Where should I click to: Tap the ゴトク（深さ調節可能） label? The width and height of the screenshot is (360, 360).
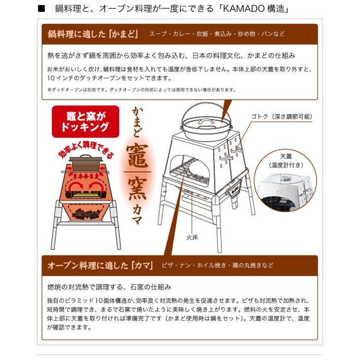click(x=281, y=116)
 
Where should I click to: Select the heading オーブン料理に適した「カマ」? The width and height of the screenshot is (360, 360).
click(x=100, y=265)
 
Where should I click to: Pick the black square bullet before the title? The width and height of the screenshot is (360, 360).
click(x=41, y=9)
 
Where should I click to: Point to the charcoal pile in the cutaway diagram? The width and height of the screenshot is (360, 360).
click(x=86, y=213)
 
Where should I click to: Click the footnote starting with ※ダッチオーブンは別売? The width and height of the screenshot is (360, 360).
click(x=141, y=90)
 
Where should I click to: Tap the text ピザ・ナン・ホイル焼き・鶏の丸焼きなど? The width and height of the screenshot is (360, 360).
click(x=217, y=265)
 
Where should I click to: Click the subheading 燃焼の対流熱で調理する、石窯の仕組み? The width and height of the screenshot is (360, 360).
click(x=109, y=287)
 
